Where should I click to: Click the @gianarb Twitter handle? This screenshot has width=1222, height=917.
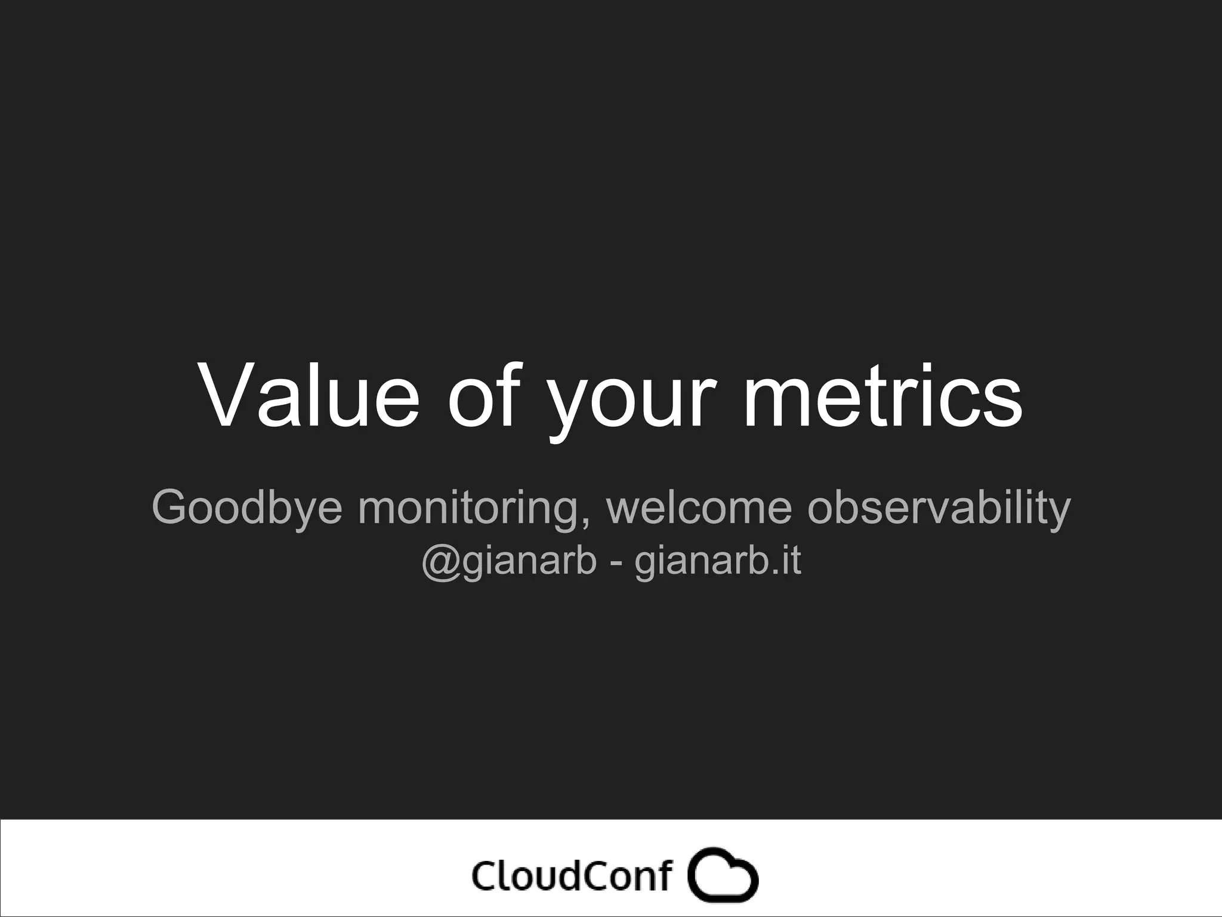point(509,562)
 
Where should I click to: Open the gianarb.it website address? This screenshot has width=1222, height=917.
point(717,562)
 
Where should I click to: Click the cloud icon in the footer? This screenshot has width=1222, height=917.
point(723,876)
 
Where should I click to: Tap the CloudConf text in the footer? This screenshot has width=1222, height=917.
point(572,876)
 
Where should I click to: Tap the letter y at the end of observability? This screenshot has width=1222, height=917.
point(1059,512)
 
